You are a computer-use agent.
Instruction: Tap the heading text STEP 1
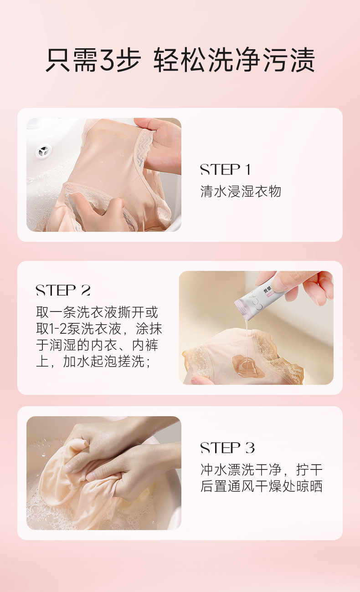click(226, 170)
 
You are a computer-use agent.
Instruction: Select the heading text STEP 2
click(63, 290)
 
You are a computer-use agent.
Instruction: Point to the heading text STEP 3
click(227, 448)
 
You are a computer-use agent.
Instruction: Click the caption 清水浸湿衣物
click(241, 191)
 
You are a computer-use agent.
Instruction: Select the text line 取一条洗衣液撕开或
click(97, 312)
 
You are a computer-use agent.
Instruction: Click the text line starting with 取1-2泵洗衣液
click(99, 328)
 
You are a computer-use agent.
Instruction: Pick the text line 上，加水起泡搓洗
click(93, 361)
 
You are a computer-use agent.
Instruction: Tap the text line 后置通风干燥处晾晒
click(261, 486)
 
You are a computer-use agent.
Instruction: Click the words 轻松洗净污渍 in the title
click(234, 60)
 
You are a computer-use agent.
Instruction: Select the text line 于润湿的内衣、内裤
click(97, 345)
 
